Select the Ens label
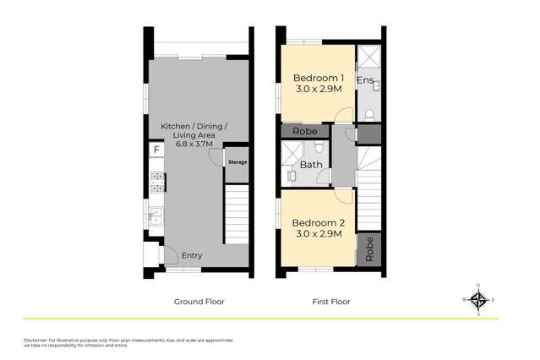click(x=365, y=80)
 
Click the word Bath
click(x=311, y=165)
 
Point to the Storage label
click(x=237, y=161)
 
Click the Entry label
click(x=192, y=255)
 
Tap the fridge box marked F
click(x=155, y=150)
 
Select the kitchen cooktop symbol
click(x=156, y=182)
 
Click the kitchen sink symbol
click(x=155, y=215)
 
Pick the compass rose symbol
click(x=478, y=299)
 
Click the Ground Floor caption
click(x=199, y=301)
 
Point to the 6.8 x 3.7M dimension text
click(x=194, y=145)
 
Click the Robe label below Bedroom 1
click(x=304, y=132)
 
